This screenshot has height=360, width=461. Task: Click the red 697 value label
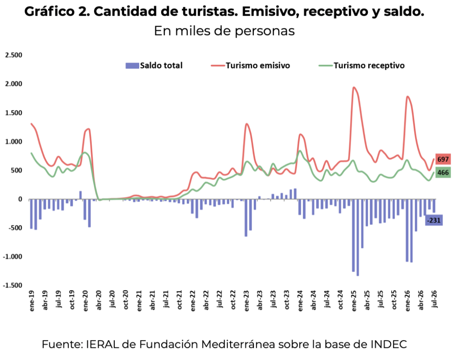pos(443,159)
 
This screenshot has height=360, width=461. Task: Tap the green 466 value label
pos(443,172)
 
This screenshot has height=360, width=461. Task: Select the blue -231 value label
pos(434,220)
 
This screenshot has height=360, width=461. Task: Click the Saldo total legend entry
pos(154,65)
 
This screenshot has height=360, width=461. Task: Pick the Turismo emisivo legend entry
pos(250,65)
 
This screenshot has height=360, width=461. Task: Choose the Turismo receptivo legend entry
pos(362,65)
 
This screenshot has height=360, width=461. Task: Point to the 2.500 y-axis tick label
pos(14,55)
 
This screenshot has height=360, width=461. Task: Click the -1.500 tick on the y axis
pos(12,285)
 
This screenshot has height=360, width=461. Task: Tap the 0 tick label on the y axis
pos(20,199)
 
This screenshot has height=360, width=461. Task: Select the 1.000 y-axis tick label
pos(14,141)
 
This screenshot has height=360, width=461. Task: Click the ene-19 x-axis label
pos(32,301)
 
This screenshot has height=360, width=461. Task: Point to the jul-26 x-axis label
pos(435,299)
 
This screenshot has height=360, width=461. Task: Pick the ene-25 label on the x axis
pos(354,301)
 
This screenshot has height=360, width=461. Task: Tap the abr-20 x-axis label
pos(99,300)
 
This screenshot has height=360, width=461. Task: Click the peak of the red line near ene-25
pos(354,87)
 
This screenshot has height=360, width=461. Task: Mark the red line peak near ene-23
pos(247,124)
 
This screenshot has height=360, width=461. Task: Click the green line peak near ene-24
pos(300,151)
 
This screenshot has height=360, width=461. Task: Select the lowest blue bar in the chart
pos(358,238)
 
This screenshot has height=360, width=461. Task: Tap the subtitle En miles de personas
pos(224,31)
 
